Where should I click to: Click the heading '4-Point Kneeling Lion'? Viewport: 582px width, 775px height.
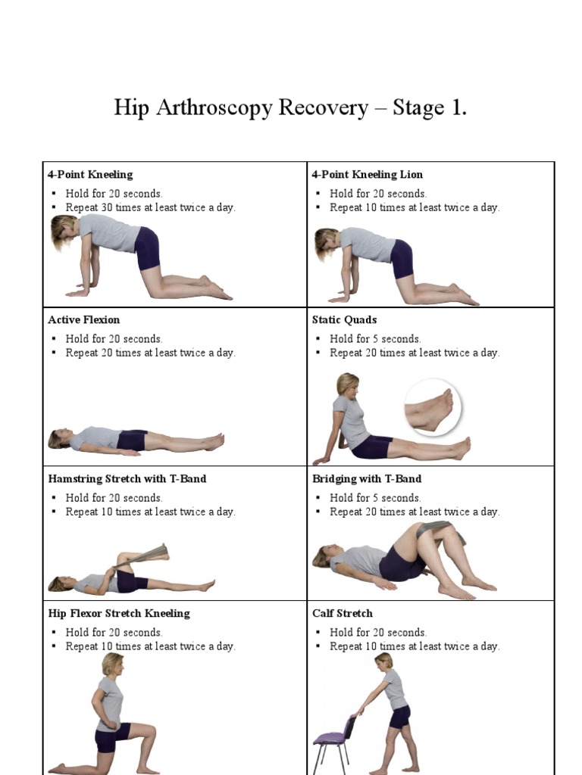coord(367,175)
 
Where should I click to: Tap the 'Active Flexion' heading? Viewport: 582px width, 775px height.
coord(83,320)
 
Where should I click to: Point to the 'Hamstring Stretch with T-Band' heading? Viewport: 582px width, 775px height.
coord(127,479)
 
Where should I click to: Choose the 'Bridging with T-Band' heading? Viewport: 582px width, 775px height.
coord(367,479)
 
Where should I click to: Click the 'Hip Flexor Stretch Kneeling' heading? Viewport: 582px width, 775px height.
coord(118,614)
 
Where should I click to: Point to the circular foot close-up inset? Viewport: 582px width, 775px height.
coord(433,408)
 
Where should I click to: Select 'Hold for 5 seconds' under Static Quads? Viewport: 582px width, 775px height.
coord(375,339)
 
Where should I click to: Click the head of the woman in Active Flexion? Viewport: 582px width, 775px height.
coord(58,438)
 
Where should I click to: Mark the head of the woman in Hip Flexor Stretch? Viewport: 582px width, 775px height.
coord(113,665)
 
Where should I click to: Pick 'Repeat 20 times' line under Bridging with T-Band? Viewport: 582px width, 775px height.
coord(414,512)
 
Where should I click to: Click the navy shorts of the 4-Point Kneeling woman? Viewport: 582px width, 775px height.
coord(147,248)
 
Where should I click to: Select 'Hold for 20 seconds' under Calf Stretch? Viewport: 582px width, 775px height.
coord(377,633)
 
